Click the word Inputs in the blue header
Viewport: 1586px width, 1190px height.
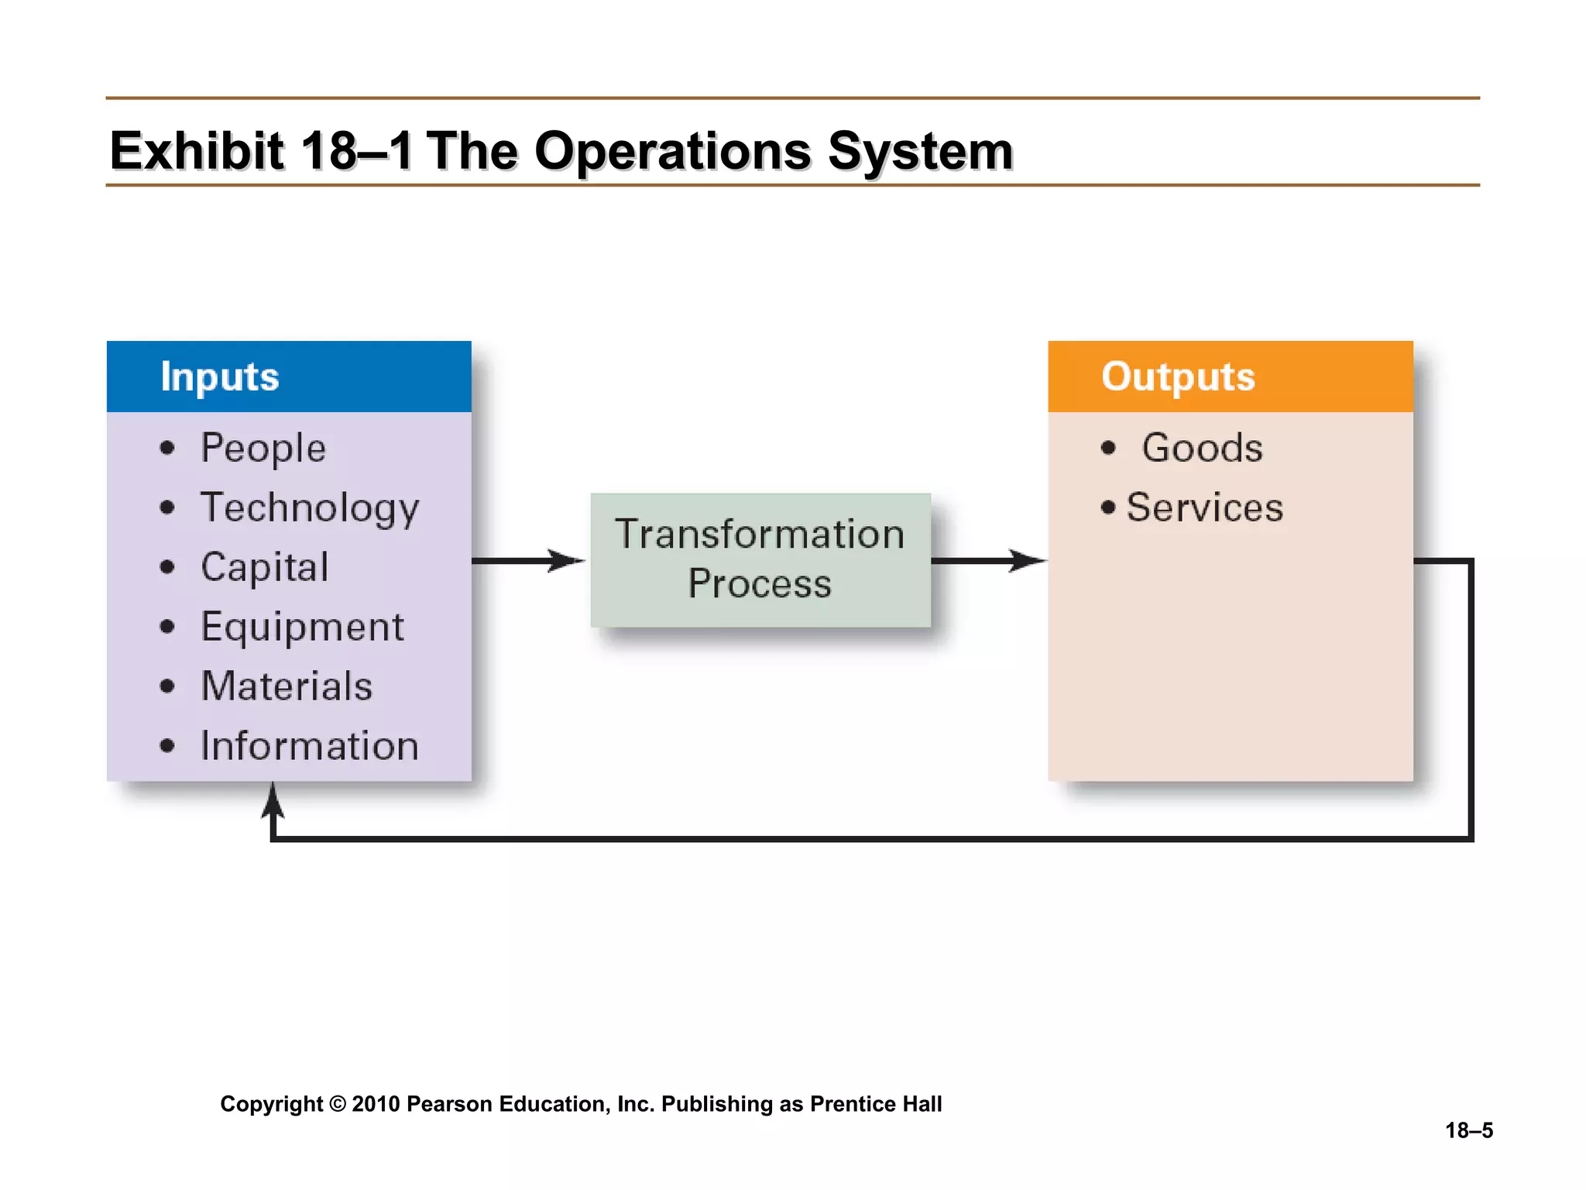(x=219, y=377)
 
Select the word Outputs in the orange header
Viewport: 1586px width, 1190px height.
(x=1177, y=377)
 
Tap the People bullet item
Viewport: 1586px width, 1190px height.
(x=263, y=449)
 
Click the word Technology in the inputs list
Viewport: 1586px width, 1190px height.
(x=310, y=509)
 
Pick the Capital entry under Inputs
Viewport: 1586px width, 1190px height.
(x=265, y=568)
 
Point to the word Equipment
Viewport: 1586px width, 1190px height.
(x=302, y=627)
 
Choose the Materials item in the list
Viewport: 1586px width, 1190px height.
(x=287, y=686)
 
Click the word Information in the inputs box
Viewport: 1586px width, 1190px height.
(x=310, y=746)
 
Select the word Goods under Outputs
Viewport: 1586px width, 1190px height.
(x=1202, y=449)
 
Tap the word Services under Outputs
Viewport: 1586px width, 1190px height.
(x=1204, y=508)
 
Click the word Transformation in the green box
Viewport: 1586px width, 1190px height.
(x=760, y=535)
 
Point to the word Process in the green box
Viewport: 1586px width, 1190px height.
(x=760, y=584)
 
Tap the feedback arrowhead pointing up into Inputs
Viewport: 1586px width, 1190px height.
(x=273, y=800)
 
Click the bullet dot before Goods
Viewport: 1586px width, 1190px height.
(x=1108, y=448)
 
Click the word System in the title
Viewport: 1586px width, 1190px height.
(x=920, y=152)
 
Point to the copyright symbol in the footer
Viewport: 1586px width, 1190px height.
(x=338, y=1104)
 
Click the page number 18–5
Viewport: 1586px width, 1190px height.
(x=1468, y=1130)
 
